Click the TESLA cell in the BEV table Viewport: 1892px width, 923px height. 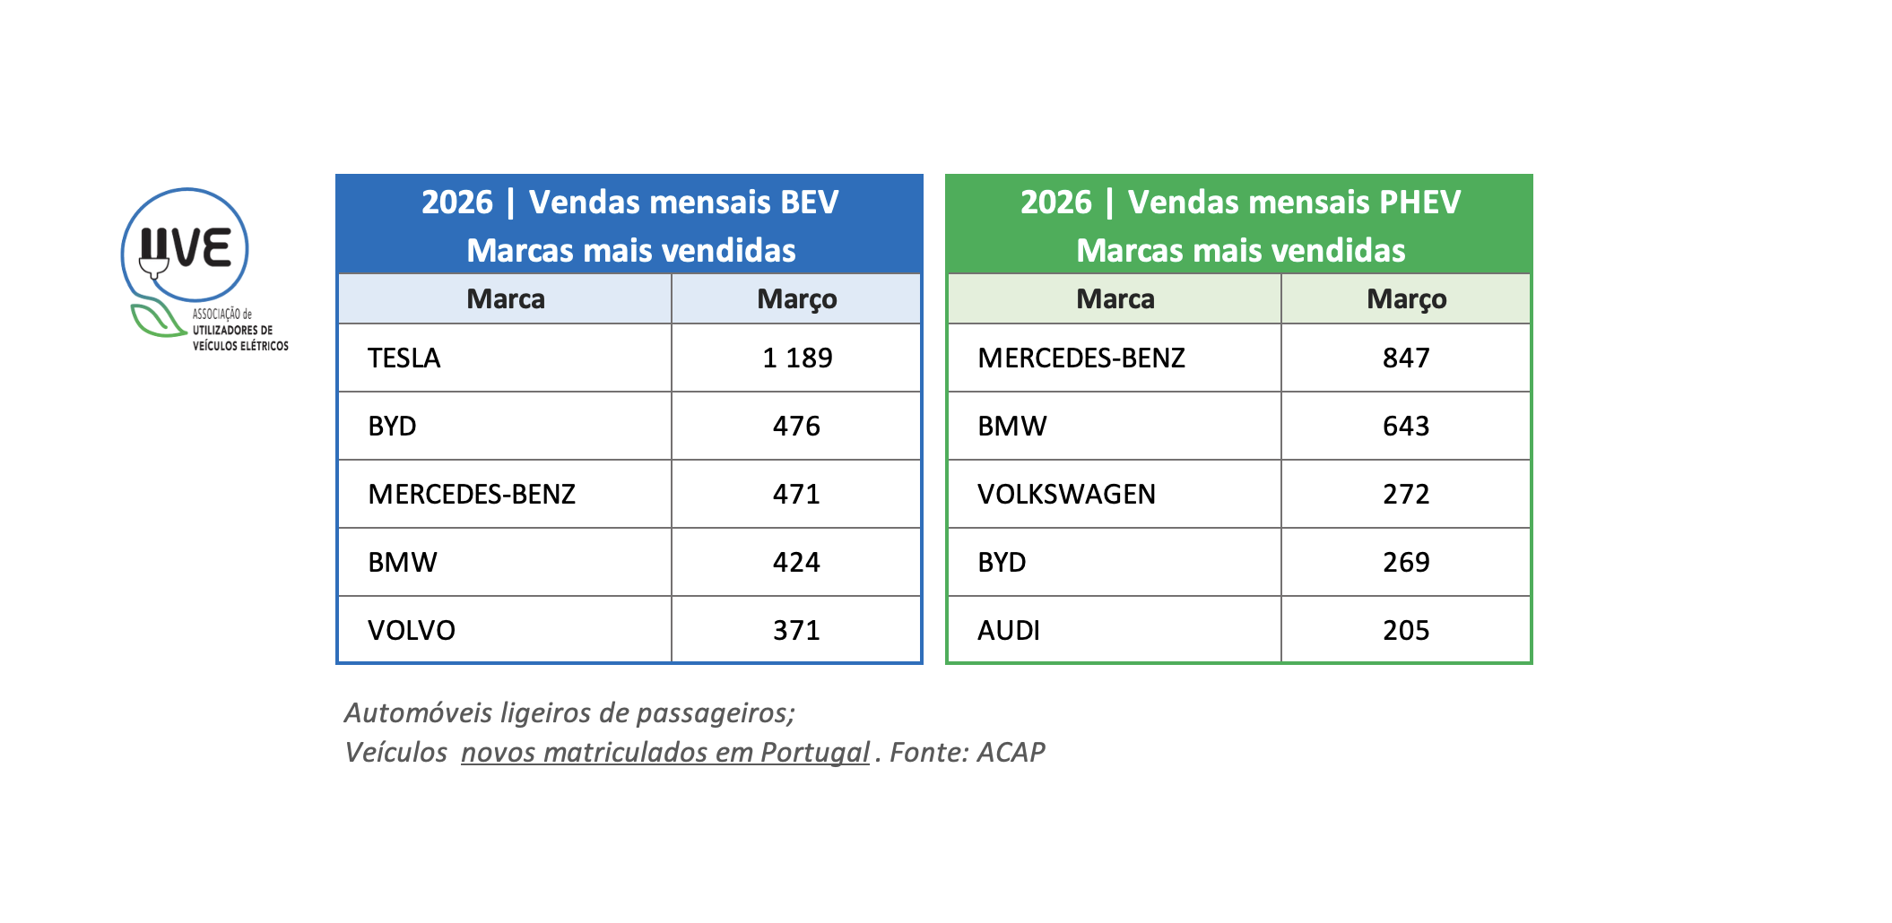tap(404, 358)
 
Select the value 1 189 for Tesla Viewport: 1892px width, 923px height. tap(797, 358)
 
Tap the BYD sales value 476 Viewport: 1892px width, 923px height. tap(797, 426)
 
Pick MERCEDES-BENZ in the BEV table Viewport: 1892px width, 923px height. tap(472, 494)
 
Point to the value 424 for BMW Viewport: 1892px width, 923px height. tap(797, 562)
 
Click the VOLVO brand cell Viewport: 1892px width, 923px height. tap(412, 630)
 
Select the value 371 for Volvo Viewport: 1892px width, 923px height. tap(797, 630)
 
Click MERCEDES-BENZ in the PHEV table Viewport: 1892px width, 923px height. tap(1081, 358)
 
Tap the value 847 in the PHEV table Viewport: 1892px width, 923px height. tap(1406, 358)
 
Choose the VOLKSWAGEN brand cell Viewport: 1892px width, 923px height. tap(1066, 494)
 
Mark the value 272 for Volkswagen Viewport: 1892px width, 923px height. tap(1406, 494)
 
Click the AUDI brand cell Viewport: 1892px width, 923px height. tap(1009, 630)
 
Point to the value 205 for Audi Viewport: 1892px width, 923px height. tap(1406, 630)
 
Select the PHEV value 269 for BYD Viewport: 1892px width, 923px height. tap(1406, 562)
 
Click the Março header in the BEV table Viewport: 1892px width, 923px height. tap(797, 298)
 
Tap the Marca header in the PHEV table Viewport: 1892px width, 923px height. tap(1115, 298)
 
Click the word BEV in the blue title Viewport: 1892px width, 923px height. tap(810, 202)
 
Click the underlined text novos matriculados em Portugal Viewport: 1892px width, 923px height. tap(664, 752)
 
